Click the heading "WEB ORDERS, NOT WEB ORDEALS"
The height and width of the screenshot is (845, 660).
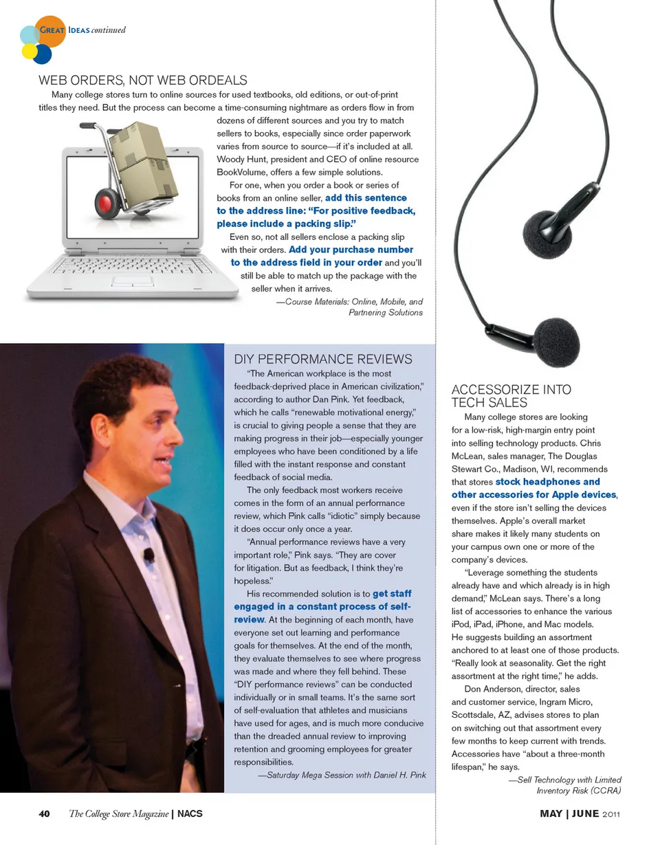[x=143, y=80]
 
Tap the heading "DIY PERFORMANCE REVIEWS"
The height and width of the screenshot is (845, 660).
[x=323, y=359]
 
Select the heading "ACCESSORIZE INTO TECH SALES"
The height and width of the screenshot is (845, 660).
[x=511, y=396]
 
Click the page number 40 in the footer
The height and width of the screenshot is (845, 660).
[x=44, y=814]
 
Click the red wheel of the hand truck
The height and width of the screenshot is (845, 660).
[x=106, y=203]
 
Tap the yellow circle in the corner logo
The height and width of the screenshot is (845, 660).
[x=29, y=52]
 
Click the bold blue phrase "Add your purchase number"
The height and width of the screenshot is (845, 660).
[x=351, y=250]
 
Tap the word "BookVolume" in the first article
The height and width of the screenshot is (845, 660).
[x=241, y=172]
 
